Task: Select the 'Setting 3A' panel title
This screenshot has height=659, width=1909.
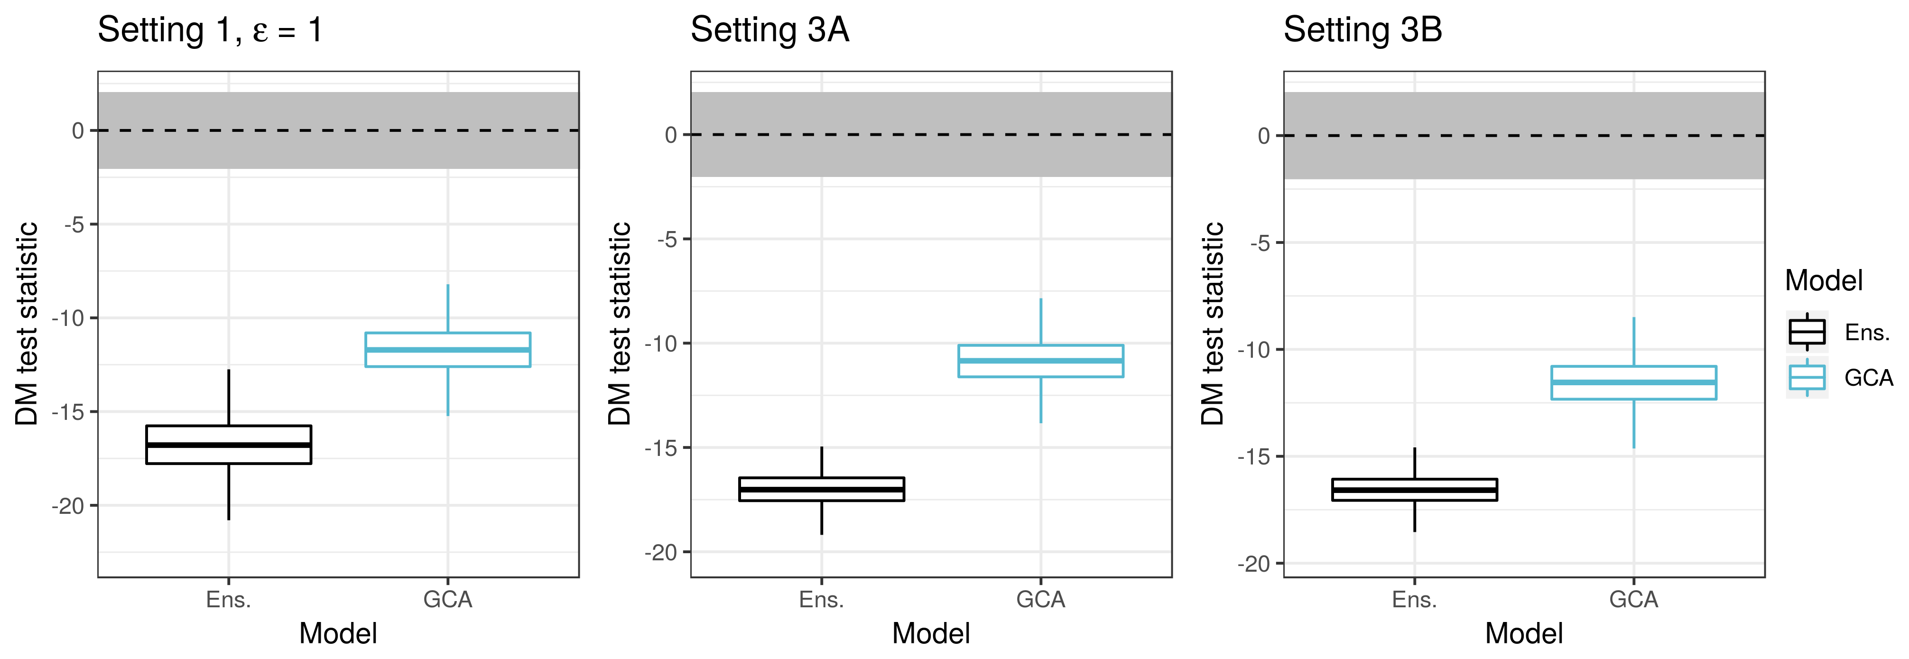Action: pyautogui.click(x=769, y=30)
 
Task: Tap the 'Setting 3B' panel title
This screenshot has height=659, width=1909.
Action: pyautogui.click(x=1362, y=30)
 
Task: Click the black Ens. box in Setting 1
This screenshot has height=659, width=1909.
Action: pyautogui.click(x=228, y=445)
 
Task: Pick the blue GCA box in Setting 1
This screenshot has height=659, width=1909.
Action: pyautogui.click(x=448, y=349)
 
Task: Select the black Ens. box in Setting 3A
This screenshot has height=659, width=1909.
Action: pyautogui.click(x=821, y=489)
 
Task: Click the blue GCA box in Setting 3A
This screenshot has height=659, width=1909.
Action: pyautogui.click(x=1040, y=361)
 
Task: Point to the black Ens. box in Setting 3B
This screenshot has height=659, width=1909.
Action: pyautogui.click(x=1414, y=490)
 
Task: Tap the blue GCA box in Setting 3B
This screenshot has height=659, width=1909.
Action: pyautogui.click(x=1633, y=382)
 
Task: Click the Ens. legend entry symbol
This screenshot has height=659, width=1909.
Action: pyautogui.click(x=1807, y=331)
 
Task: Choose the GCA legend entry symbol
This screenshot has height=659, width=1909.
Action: pyautogui.click(x=1807, y=377)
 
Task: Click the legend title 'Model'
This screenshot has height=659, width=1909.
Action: pyautogui.click(x=1823, y=281)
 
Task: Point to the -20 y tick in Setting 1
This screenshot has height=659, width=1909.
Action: pyautogui.click(x=68, y=506)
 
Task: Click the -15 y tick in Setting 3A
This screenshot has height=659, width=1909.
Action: pyautogui.click(x=661, y=448)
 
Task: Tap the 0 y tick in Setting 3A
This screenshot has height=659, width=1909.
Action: pyautogui.click(x=671, y=135)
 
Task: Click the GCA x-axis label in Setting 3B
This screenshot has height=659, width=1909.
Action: pyautogui.click(x=1633, y=599)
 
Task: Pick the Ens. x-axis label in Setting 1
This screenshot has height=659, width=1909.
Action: pyautogui.click(x=228, y=599)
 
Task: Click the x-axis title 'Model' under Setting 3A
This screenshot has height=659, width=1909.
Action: pyautogui.click(x=931, y=634)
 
